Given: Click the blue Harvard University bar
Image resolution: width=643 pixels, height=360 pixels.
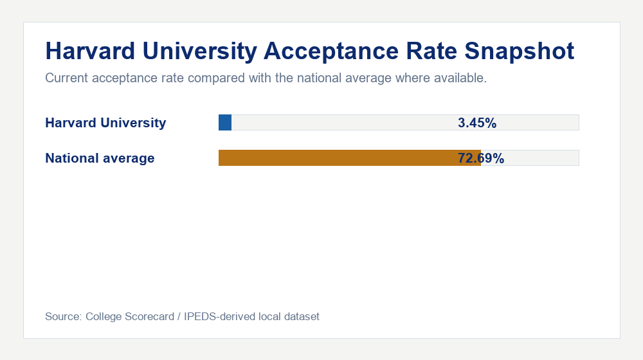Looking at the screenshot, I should coord(225,122).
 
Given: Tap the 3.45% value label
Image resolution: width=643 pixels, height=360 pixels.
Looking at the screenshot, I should coord(477,123).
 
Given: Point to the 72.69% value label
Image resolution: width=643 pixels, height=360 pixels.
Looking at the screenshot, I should coord(481,158).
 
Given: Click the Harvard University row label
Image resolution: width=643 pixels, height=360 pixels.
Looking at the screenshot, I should coord(105,123).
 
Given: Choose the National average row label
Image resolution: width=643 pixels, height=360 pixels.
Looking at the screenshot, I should coord(100,158).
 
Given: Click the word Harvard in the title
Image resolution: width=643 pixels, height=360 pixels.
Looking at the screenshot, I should coord(88,51).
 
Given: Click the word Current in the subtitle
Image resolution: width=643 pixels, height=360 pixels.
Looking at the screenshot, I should coord(67,79).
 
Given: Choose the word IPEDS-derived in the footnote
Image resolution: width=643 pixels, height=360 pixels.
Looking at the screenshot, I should coord(219,316).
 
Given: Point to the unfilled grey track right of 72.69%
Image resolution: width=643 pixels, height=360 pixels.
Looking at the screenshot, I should coord(540,158).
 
